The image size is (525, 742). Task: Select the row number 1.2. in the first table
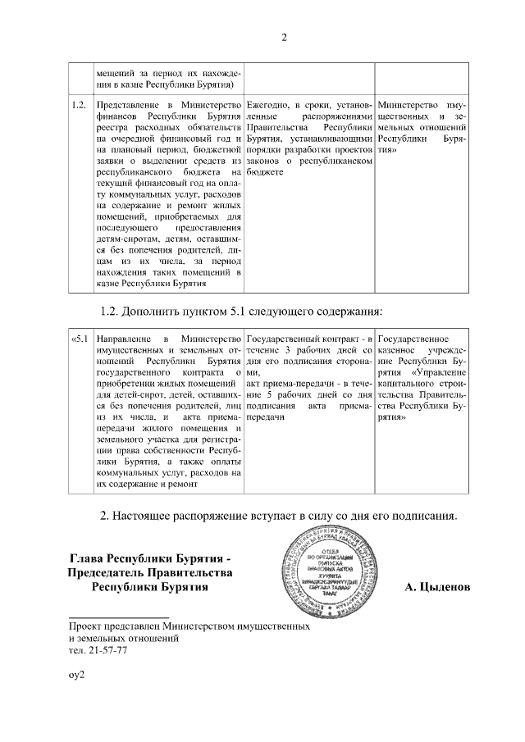pos(80,106)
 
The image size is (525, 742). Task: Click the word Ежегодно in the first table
pos(267,106)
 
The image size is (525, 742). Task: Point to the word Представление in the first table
pos(128,106)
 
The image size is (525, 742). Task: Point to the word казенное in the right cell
pos(398,349)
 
